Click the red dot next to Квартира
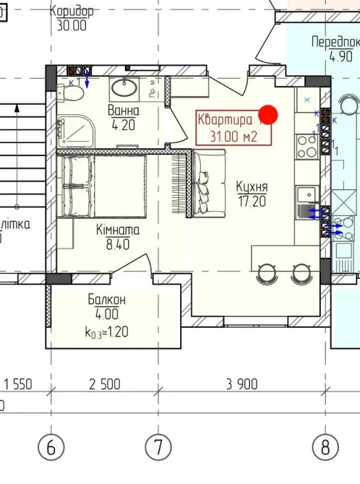click(268, 114)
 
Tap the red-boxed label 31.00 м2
click(227, 134)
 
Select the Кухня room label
click(252, 186)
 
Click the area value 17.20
click(252, 201)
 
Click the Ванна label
click(124, 111)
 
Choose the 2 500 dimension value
click(104, 384)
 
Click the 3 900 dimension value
click(241, 384)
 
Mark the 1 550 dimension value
click(20, 384)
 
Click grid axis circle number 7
click(158, 447)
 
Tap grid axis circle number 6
click(51, 447)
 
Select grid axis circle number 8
click(326, 447)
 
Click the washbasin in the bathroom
click(125, 89)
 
